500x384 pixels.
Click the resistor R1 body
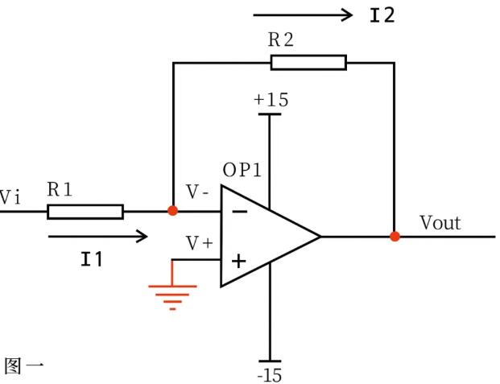pos(85,212)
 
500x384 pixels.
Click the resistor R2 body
pos(308,63)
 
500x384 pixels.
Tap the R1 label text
pos(60,190)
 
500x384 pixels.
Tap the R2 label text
pos(283,40)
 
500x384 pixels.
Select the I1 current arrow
pos(98,236)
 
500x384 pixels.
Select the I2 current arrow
pos(304,14)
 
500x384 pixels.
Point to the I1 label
pos(92,259)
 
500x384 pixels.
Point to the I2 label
pos(382,15)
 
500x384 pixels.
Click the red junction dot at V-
pos(172,211)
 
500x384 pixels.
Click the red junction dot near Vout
pos(395,237)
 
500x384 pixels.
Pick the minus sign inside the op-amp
pos(239,212)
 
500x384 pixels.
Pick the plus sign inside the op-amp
pos(238,261)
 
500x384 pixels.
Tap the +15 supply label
pos(271,101)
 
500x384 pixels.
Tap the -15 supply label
pos(270,374)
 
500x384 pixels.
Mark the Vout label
pos(440,222)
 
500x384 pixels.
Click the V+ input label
pos(200,242)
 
